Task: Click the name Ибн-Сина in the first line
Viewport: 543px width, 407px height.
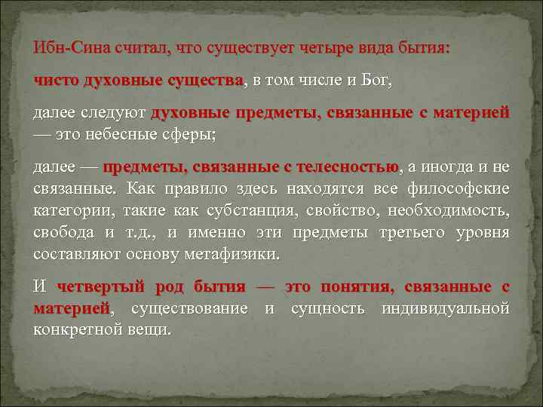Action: pos(72,47)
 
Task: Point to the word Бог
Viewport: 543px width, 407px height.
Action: pos(373,81)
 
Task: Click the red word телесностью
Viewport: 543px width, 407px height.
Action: pos(348,167)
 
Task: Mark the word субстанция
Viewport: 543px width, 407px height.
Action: pos(216,210)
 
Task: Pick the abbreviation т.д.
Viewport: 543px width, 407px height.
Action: pos(141,232)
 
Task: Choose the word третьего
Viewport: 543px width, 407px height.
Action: pos(409,232)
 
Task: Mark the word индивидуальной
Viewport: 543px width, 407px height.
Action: pos(445,309)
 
